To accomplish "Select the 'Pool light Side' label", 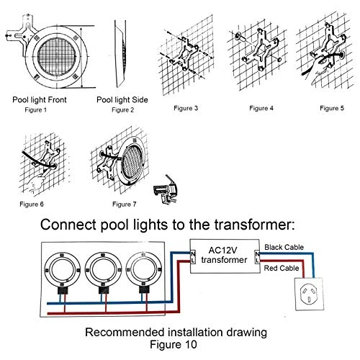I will coord(122,99).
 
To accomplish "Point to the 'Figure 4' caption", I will coord(257,109).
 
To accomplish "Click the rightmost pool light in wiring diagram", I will coord(145,271).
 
